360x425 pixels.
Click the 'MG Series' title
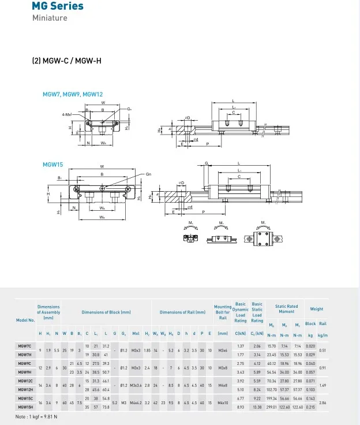coord(58,6)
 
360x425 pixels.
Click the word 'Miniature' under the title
coord(49,18)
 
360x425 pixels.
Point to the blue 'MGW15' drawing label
coord(52,164)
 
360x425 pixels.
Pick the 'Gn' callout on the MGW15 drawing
coord(148,174)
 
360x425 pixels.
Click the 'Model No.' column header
coord(26,319)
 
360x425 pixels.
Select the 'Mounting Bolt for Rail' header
coord(223,312)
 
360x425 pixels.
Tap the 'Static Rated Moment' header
coord(287,309)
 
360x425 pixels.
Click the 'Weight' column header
coord(317,309)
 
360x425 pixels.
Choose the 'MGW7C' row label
coord(25,346)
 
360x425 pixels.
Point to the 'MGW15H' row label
coord(25,407)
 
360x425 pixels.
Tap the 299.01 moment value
coord(271,407)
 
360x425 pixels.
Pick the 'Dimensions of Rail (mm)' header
coord(182,312)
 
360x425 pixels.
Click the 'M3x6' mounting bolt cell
coord(223,350)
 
